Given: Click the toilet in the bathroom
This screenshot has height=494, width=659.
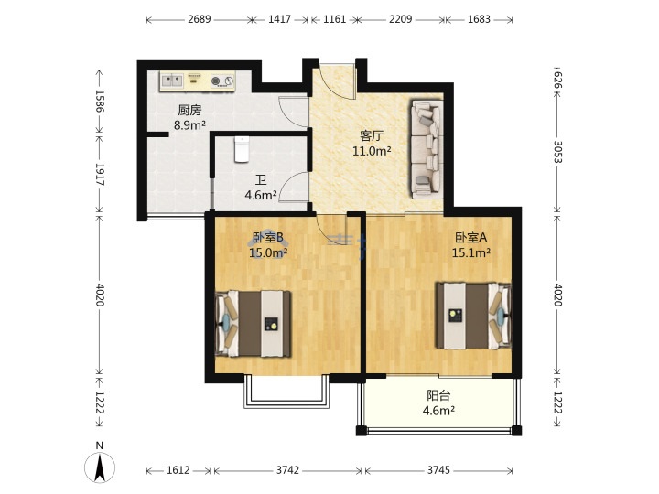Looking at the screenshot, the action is (242, 149).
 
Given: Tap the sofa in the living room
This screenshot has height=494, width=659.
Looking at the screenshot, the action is (427, 149).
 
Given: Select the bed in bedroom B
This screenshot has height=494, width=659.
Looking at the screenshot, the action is (254, 324).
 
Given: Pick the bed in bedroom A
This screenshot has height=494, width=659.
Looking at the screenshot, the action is (474, 316).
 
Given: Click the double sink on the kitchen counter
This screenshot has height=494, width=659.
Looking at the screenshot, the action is (172, 81).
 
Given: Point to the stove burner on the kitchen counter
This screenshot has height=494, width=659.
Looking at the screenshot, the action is (222, 81).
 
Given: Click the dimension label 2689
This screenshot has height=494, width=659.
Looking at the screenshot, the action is (200, 19).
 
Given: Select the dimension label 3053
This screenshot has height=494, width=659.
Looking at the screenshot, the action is (557, 152).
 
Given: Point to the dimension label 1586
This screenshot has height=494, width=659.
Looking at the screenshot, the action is (100, 101).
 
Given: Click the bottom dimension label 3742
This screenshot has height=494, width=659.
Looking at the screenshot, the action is (287, 470).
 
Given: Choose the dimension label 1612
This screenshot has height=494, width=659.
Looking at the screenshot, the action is (178, 470).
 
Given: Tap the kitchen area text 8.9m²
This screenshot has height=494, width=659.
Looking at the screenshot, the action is (190, 124).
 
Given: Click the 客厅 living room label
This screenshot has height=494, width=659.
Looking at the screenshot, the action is (372, 135).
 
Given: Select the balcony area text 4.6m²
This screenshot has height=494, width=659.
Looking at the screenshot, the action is (438, 411).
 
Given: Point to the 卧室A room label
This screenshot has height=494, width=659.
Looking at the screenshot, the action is (471, 238).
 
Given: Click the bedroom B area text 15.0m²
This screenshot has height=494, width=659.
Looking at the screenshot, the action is (268, 252).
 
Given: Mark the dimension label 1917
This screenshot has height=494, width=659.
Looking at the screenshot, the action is (100, 175).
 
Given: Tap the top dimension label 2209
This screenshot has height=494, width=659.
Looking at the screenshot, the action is (400, 19).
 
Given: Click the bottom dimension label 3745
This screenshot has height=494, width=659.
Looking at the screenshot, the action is (438, 470).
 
